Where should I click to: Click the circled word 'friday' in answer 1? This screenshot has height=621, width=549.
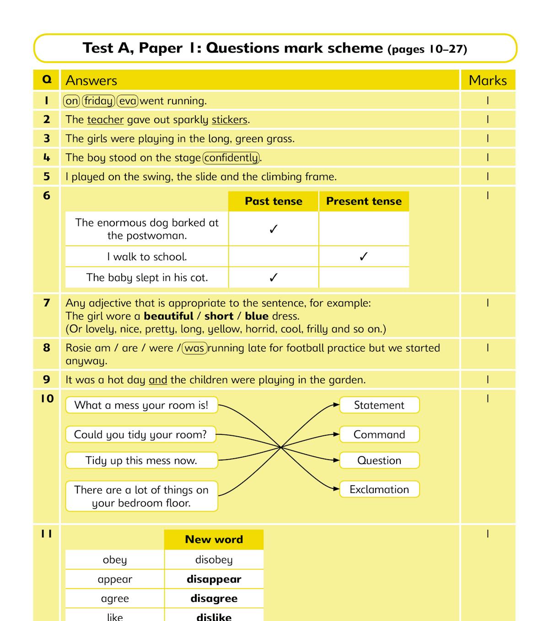coord(98,101)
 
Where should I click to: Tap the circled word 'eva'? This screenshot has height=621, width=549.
coord(128,101)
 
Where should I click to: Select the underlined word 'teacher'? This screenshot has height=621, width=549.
coord(105,120)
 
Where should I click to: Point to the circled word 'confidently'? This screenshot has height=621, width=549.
coord(231,158)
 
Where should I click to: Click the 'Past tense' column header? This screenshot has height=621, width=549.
coord(274,201)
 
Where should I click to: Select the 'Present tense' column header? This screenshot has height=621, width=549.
coord(364,201)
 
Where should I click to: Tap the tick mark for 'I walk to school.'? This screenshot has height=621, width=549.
coord(364,257)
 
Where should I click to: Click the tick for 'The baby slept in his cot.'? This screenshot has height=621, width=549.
coord(274,278)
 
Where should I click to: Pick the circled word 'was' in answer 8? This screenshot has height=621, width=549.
coord(194,348)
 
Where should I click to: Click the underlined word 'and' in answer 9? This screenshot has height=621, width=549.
coord(158,380)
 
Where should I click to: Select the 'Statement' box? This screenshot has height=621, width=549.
coord(379,405)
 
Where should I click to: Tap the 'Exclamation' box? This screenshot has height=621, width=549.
coord(379,489)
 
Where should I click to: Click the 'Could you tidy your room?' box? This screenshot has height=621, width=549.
coord(140,434)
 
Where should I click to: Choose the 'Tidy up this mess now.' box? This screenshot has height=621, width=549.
coord(141,460)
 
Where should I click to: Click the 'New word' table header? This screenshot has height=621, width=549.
coord(214,540)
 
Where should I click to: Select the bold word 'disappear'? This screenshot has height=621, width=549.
coord(214,579)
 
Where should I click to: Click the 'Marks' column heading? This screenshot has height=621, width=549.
coord(488,80)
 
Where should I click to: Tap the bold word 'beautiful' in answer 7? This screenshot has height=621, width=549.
coord(168,316)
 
